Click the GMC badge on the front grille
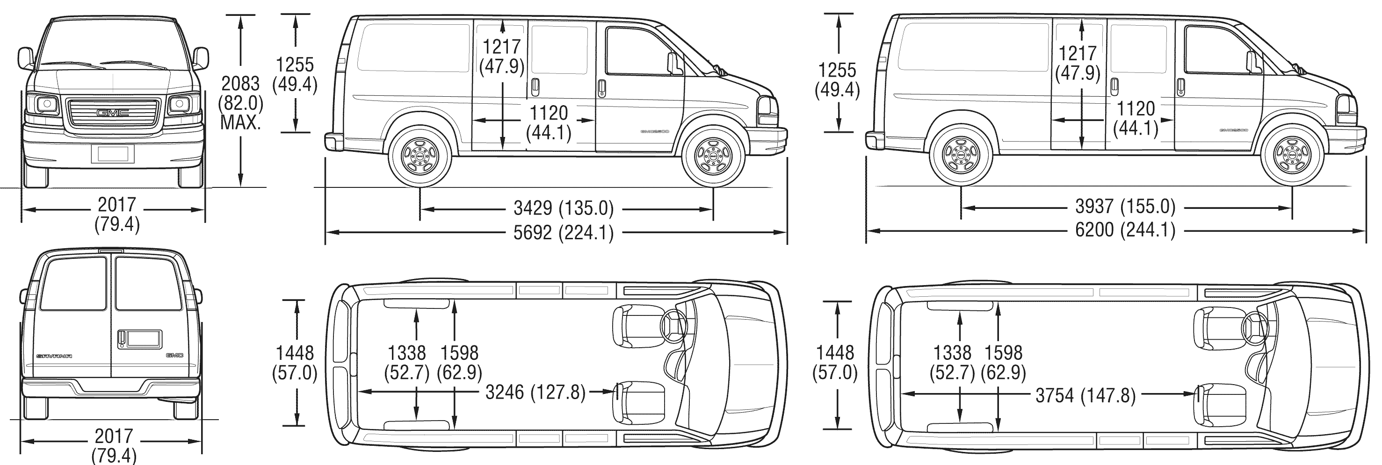(x=113, y=113)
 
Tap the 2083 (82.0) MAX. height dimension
(x=240, y=103)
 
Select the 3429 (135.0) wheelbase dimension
(x=563, y=207)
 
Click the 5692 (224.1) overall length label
(x=563, y=233)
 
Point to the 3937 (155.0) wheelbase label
(x=1125, y=207)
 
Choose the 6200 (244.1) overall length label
(x=1125, y=230)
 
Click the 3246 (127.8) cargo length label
(x=535, y=393)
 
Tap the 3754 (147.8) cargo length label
(x=1085, y=396)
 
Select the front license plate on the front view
(x=113, y=154)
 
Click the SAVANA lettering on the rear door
(x=54, y=356)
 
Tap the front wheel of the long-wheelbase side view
(x=1292, y=156)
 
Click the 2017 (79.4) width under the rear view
(x=114, y=446)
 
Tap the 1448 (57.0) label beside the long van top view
(x=835, y=363)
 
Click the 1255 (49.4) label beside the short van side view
(x=295, y=75)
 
